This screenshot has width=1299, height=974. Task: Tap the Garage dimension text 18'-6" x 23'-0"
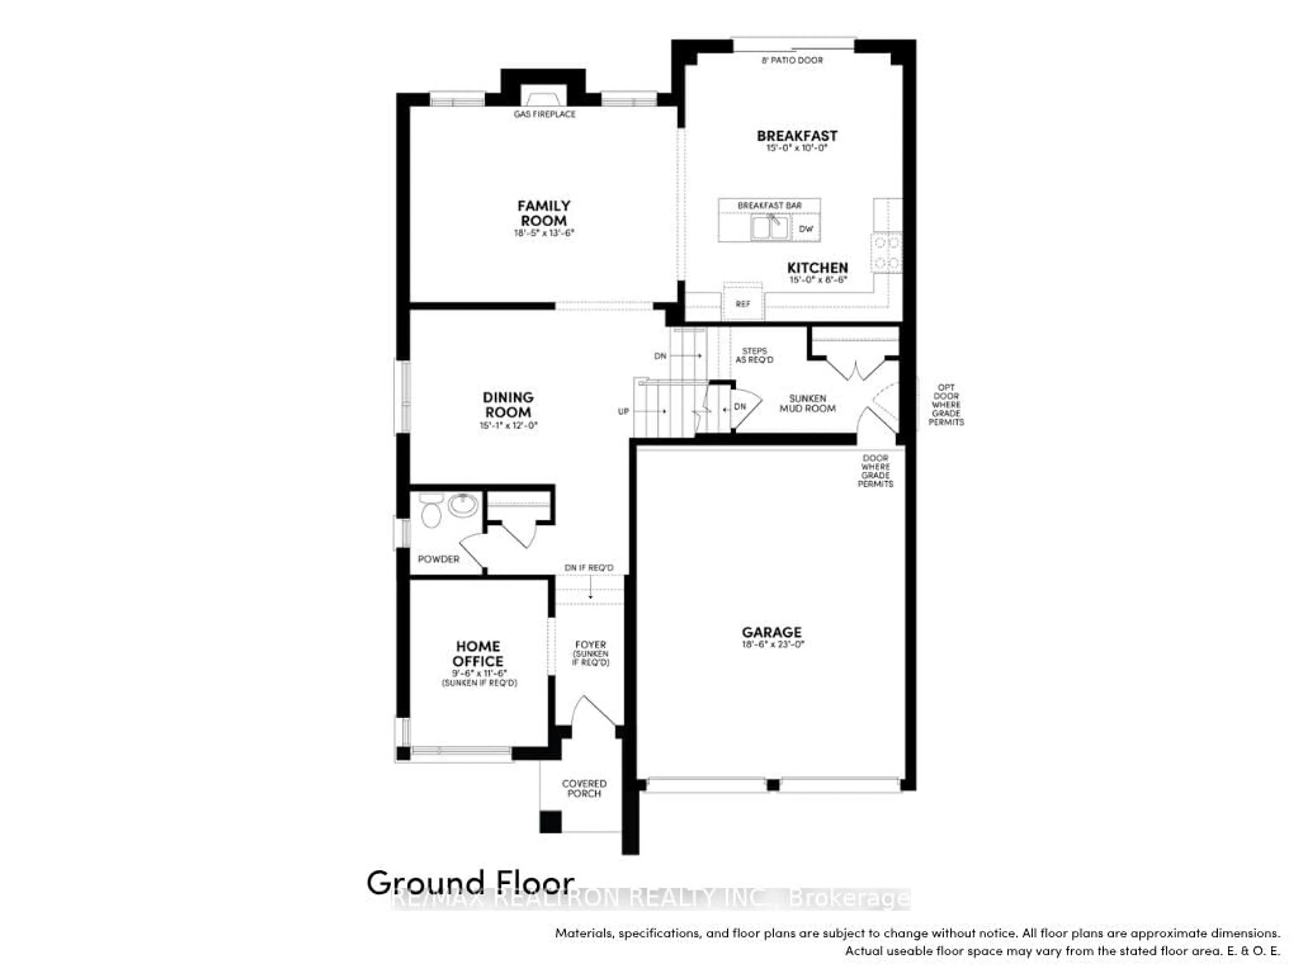pyautogui.click(x=772, y=644)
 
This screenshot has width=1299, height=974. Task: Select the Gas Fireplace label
pyautogui.click(x=544, y=114)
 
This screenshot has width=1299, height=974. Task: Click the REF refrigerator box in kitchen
pyautogui.click(x=743, y=304)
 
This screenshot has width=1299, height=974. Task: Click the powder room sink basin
pyautogui.click(x=463, y=505)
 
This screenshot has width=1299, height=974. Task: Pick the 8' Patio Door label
pyautogui.click(x=792, y=60)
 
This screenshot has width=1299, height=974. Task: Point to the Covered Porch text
pyautogui.click(x=584, y=788)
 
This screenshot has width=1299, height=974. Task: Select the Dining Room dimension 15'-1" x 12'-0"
pyautogui.click(x=508, y=425)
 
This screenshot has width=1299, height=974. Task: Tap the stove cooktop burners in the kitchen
pyautogui.click(x=886, y=252)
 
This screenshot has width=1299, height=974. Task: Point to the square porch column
pyautogui.click(x=550, y=821)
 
